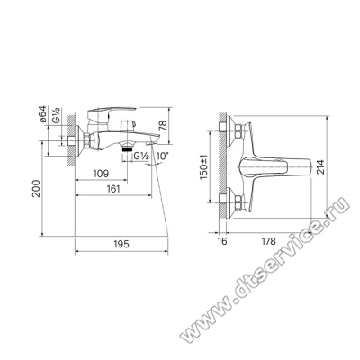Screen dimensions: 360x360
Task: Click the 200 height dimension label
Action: (x=36, y=188)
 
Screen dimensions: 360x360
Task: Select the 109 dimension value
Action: (x=101, y=174)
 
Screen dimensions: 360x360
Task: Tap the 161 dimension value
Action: (x=112, y=189)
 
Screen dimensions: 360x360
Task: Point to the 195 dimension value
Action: (x=121, y=244)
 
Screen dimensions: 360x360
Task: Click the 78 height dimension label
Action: (x=163, y=126)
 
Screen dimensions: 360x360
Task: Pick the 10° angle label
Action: (x=163, y=157)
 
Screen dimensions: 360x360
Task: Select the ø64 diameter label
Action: (x=43, y=114)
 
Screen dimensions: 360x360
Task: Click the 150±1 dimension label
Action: (x=204, y=167)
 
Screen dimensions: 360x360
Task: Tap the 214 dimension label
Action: (x=319, y=167)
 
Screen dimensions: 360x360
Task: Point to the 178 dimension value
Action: (x=268, y=241)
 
